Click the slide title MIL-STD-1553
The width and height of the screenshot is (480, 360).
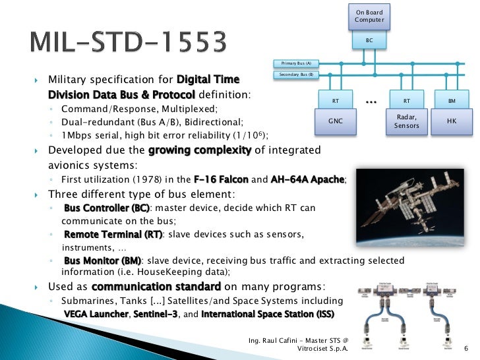129,44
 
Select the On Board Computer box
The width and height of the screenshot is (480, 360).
369,16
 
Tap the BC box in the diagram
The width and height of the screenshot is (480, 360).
369,40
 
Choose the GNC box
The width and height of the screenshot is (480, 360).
335,121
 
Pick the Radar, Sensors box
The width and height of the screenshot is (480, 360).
406,121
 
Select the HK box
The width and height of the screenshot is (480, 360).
452,121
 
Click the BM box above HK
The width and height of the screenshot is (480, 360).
452,102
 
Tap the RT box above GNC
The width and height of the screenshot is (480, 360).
335,102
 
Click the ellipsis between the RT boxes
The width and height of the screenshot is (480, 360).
371,101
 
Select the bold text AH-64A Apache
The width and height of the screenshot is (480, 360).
308,180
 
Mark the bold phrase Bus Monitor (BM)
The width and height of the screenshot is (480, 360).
102,261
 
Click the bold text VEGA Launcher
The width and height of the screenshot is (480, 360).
95,314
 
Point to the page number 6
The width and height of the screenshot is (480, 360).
466,349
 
